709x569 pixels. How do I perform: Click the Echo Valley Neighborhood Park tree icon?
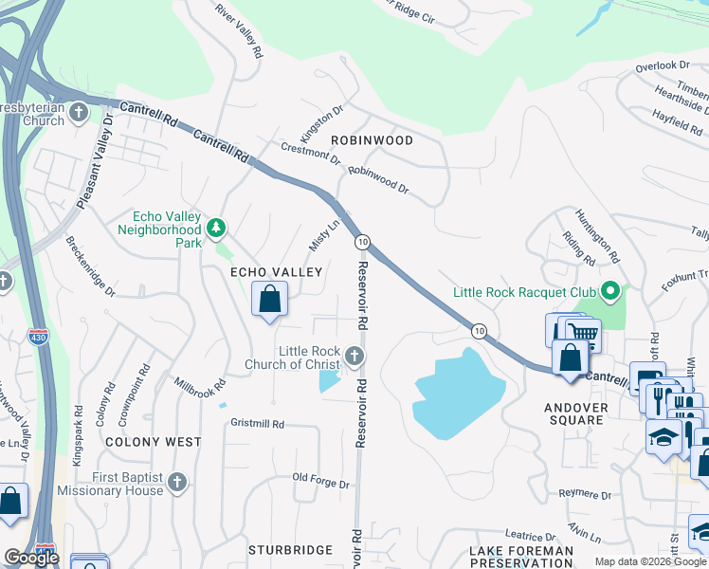(217, 229)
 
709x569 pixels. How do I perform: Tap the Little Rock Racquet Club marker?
(610, 291)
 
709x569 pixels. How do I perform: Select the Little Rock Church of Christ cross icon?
(354, 357)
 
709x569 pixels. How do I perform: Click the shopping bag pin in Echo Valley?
(270, 299)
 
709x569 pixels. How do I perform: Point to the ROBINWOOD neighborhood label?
(372, 140)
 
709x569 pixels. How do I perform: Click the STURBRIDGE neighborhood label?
(290, 549)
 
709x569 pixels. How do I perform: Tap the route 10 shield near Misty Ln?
(362, 243)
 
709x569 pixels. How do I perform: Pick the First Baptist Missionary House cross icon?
(176, 484)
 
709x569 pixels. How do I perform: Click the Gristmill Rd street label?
(257, 424)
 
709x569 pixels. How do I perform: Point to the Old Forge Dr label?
(320, 482)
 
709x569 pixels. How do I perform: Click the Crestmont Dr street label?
(311, 154)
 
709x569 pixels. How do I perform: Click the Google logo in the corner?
(31, 558)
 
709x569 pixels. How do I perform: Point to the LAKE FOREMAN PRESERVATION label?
(521, 557)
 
